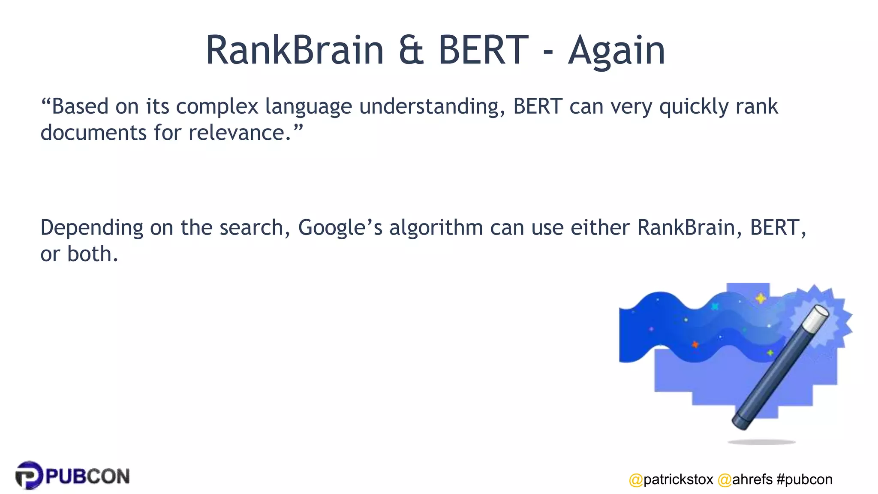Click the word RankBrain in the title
pyautogui.click(x=295, y=51)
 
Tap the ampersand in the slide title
pyautogui.click(x=411, y=51)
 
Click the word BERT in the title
pyautogui.click(x=483, y=51)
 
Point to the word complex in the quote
pyautogui.click(x=217, y=107)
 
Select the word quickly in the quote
pyautogui.click(x=694, y=107)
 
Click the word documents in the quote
pyautogui.click(x=93, y=133)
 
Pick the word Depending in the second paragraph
pyautogui.click(x=92, y=228)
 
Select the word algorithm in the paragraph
pyautogui.click(x=436, y=228)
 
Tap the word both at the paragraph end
pyautogui.click(x=92, y=254)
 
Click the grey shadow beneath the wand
pyautogui.click(x=762, y=442)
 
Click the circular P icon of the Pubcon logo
pyautogui.click(x=29, y=475)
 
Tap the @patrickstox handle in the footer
pyautogui.click(x=671, y=479)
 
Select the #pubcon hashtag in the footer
pyautogui.click(x=804, y=479)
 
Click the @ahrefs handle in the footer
pyautogui.click(x=745, y=479)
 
